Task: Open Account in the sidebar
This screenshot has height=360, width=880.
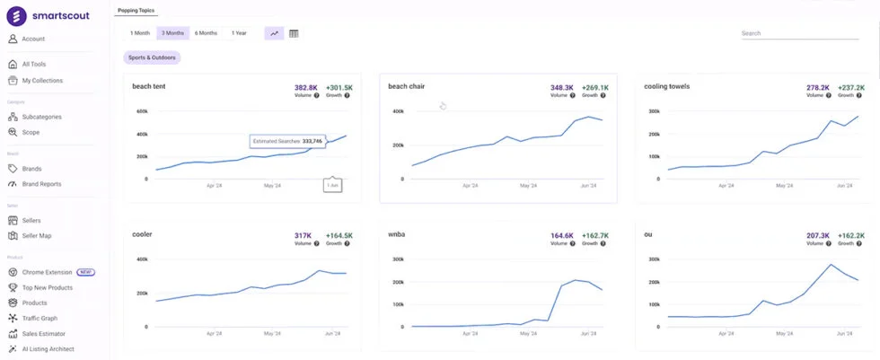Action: [33, 39]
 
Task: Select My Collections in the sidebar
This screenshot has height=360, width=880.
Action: [42, 80]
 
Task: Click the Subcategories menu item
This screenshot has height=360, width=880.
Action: [42, 117]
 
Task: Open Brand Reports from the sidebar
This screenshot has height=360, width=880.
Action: [41, 184]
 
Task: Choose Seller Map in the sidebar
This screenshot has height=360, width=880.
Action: [37, 236]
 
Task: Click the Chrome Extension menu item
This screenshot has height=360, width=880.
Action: [48, 272]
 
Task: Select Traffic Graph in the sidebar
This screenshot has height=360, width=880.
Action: [40, 318]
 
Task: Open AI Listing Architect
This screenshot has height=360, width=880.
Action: [48, 349]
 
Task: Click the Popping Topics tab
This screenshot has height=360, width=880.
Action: [136, 11]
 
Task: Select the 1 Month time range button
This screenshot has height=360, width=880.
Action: [140, 33]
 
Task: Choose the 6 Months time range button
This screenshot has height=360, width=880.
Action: [206, 33]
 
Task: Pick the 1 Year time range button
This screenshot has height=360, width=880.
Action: [239, 33]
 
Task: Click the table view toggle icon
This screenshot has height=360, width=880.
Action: [294, 33]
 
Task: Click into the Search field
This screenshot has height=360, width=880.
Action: [799, 33]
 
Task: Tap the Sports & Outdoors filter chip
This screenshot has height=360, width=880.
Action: [152, 57]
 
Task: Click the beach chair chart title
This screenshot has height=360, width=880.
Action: [406, 86]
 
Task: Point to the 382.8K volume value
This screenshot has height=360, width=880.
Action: [306, 87]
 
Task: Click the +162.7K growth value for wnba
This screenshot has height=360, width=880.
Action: [594, 235]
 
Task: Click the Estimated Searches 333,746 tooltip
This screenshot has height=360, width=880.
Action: [287, 141]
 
